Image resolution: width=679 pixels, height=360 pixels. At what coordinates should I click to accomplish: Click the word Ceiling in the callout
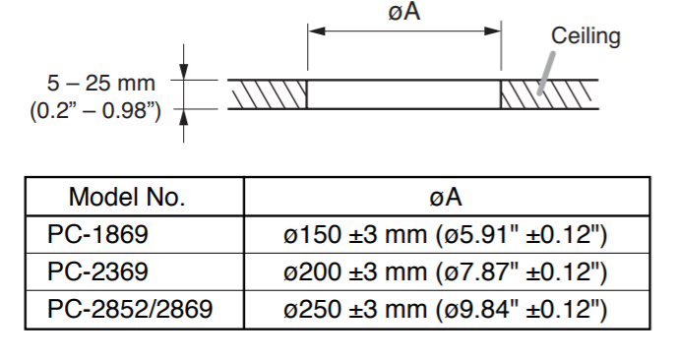[x=586, y=36]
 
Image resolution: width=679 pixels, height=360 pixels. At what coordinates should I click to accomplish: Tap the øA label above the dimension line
[x=404, y=12]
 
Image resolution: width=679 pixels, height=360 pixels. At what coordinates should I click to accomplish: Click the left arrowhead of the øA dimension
[x=317, y=31]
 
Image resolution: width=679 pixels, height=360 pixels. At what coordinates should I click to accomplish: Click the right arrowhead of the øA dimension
[x=492, y=31]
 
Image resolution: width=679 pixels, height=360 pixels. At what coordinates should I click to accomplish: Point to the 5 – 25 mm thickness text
[x=101, y=83]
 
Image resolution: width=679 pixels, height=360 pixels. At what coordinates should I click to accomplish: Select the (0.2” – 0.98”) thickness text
[x=95, y=111]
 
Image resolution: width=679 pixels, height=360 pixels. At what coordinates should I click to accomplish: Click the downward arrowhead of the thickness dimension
[x=184, y=72]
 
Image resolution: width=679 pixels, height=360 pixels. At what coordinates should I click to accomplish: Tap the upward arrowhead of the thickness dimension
[x=184, y=117]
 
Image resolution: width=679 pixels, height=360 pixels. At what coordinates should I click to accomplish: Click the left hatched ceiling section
[x=268, y=94]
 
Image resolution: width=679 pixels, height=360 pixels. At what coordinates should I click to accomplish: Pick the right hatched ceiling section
[x=549, y=94]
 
